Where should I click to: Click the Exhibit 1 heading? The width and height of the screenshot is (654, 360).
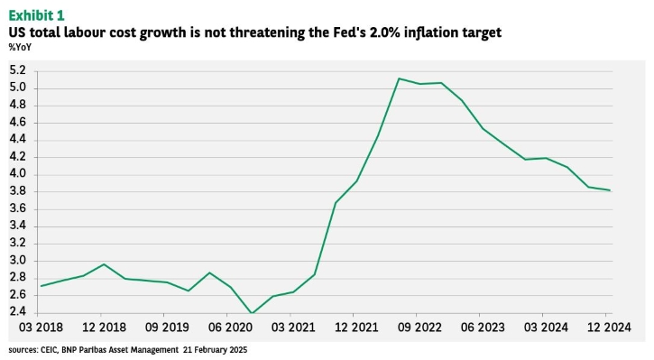tap(37, 15)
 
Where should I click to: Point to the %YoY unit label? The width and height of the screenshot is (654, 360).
tap(20, 47)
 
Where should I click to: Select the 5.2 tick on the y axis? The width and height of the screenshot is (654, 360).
tap(17, 70)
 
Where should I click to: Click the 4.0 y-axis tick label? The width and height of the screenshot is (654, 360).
tap(17, 173)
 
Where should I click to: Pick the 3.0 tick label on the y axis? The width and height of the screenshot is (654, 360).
tap(17, 261)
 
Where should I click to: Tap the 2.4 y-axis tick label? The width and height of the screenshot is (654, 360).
tap(17, 311)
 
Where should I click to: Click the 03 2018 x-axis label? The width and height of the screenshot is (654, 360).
tap(41, 328)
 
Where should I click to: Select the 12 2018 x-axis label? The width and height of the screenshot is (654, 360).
tap(104, 328)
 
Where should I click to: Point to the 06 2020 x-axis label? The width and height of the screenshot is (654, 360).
tap(230, 328)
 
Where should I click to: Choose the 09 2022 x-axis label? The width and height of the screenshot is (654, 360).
tap(419, 328)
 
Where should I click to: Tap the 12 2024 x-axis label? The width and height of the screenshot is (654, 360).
tap(609, 328)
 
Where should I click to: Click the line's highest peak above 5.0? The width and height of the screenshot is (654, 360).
tap(399, 78)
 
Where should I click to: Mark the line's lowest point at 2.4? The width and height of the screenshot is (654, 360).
tap(251, 313)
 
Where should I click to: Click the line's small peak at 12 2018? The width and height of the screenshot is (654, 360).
tap(104, 264)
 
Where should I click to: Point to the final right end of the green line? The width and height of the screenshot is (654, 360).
tap(610, 190)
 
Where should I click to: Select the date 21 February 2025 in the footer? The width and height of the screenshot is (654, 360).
tap(215, 350)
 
